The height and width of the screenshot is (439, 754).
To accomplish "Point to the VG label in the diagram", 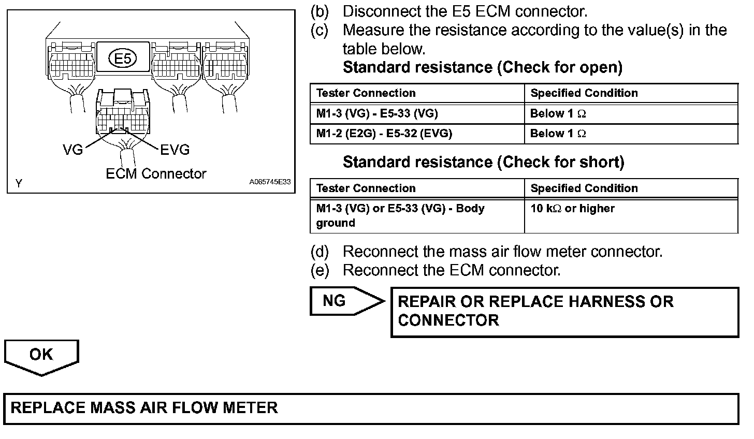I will [x=73, y=150].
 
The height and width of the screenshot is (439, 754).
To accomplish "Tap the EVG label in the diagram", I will [x=175, y=150].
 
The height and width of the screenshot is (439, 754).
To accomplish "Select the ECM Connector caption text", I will [x=156, y=174].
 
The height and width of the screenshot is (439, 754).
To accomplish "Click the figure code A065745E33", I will [x=270, y=183].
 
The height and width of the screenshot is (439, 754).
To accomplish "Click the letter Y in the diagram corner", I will [x=19, y=183].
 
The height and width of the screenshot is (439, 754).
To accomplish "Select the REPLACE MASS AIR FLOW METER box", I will [x=371, y=408].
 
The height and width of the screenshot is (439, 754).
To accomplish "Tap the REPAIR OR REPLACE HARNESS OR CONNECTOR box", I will [x=564, y=311].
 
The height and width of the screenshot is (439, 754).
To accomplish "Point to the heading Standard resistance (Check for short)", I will [x=483, y=163].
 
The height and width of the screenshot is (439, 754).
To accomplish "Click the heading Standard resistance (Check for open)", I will [x=482, y=67].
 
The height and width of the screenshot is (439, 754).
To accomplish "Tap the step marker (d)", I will [x=320, y=252].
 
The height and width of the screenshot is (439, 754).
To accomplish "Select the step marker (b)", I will [x=320, y=11].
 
